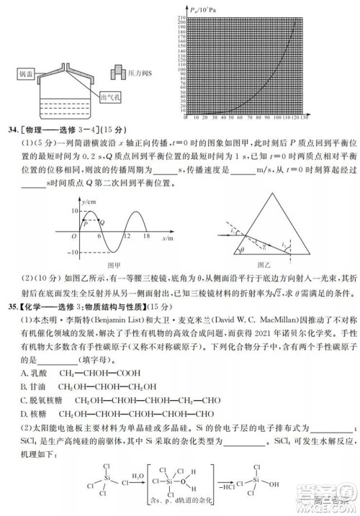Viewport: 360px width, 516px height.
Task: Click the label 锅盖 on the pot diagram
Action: click(24, 74)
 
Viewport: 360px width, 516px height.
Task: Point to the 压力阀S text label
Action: click(139, 74)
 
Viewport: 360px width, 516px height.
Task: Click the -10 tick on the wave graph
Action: click(71, 253)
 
